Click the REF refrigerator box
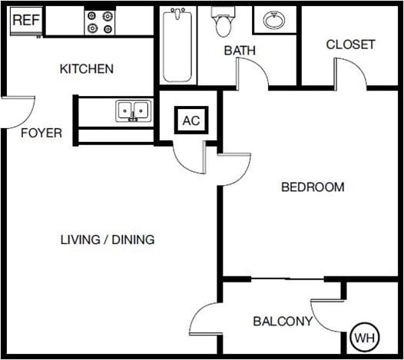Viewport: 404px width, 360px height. [x=26, y=21]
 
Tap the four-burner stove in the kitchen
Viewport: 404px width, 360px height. [x=99, y=21]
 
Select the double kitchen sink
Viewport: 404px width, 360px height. [x=133, y=111]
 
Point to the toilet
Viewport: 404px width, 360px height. [x=224, y=23]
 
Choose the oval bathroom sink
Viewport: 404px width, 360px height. [x=273, y=21]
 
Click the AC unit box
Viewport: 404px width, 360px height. [x=190, y=121]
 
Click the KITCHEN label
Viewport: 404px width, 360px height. [x=87, y=69]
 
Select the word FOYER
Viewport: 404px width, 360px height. [x=41, y=133]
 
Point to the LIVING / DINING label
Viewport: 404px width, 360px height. [x=108, y=239]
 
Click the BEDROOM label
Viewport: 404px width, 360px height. [x=313, y=187]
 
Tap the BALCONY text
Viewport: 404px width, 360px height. [x=283, y=322]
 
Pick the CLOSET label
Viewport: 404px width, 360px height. [x=350, y=45]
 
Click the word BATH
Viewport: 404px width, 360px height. [x=240, y=51]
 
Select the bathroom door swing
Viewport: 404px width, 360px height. [x=252, y=74]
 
